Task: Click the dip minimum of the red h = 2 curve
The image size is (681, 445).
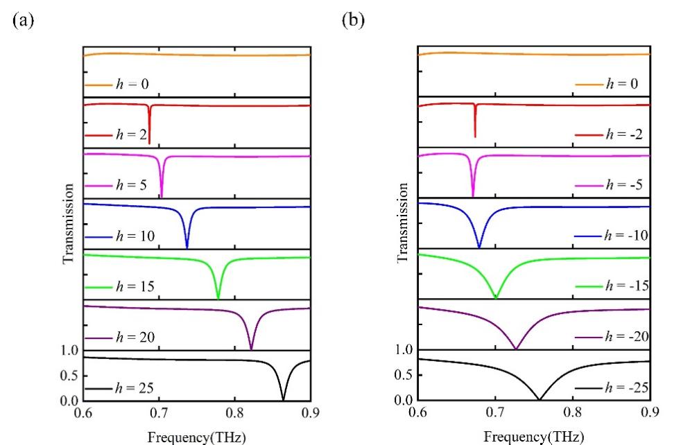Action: (149, 143)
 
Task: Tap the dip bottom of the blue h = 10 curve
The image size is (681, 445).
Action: (187, 247)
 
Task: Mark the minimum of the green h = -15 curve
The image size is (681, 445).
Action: (495, 298)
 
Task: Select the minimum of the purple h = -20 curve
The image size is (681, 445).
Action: (515, 349)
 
